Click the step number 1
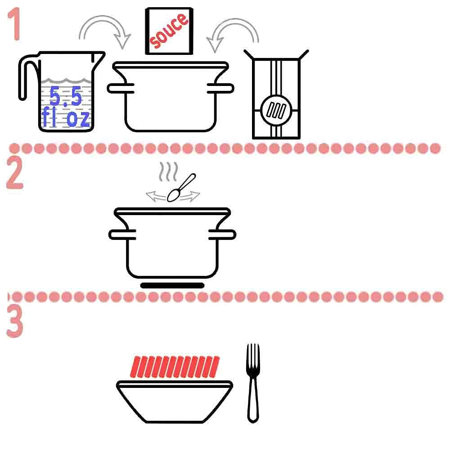(x=14, y=24)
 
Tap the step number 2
(x=14, y=173)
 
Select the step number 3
(x=14, y=321)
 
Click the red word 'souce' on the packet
(x=169, y=31)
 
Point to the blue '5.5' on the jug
(x=66, y=96)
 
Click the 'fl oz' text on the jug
(x=66, y=117)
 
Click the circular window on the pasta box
(x=276, y=110)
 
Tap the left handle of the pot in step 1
(x=121, y=88)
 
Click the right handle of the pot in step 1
(x=220, y=88)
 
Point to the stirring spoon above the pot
(x=181, y=188)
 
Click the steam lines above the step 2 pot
(x=168, y=172)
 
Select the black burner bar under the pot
(x=172, y=286)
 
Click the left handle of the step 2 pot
(x=122, y=234)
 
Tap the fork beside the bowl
(x=253, y=383)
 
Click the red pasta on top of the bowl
(x=175, y=367)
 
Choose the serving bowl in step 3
(x=175, y=402)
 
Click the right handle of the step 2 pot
(x=222, y=234)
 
